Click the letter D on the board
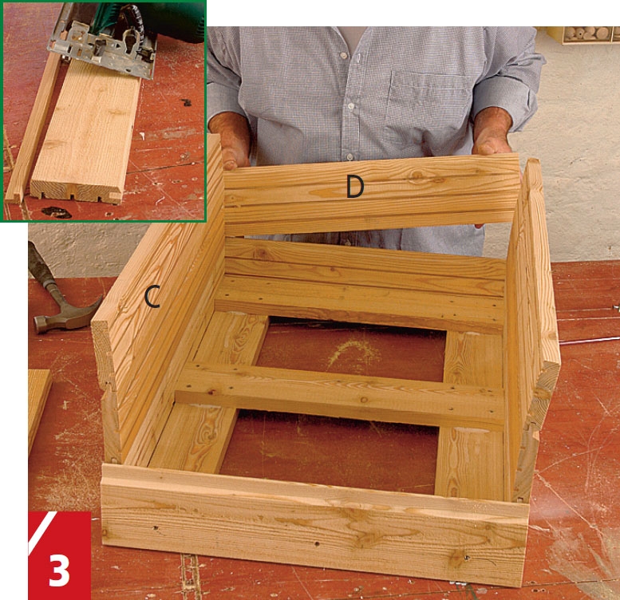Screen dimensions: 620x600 click(x=354, y=187)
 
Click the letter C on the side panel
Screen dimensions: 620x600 click(x=152, y=297)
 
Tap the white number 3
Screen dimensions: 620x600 click(x=59, y=570)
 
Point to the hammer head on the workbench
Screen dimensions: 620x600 click(x=67, y=314)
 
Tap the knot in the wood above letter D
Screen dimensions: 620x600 click(x=418, y=175)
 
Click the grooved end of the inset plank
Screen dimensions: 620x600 click(x=76, y=192)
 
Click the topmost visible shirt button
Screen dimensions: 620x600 click(x=342, y=55)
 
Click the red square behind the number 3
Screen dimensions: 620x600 click(x=60, y=555)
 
